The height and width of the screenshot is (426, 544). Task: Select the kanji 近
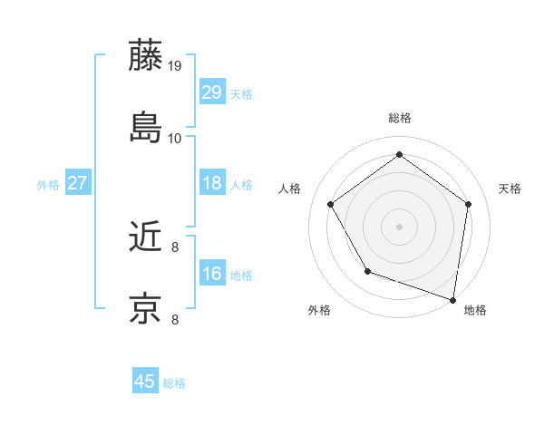pyautogui.click(x=146, y=237)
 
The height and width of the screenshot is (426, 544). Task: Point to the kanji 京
pyautogui.click(x=146, y=308)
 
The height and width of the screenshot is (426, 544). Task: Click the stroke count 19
pyautogui.click(x=175, y=66)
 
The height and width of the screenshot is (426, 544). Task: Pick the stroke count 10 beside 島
pyautogui.click(x=175, y=139)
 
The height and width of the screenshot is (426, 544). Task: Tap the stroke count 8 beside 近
pyautogui.click(x=175, y=247)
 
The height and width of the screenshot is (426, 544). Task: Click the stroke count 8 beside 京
pyautogui.click(x=175, y=319)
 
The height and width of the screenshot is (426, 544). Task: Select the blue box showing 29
pyautogui.click(x=212, y=92)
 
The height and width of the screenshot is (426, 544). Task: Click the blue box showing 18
pyautogui.click(x=212, y=184)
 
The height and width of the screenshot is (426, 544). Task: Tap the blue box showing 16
pyautogui.click(x=212, y=274)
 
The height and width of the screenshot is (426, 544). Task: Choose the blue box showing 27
pyautogui.click(x=78, y=184)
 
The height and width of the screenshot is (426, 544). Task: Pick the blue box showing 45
pyautogui.click(x=145, y=382)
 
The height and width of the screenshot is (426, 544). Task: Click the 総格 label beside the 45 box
pyautogui.click(x=174, y=383)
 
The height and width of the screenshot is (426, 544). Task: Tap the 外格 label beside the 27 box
pyautogui.click(x=48, y=185)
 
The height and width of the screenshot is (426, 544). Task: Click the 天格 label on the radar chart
pyautogui.click(x=510, y=189)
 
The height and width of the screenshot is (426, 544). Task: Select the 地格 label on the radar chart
pyautogui.click(x=475, y=310)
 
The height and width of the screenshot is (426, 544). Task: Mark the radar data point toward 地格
pyautogui.click(x=453, y=299)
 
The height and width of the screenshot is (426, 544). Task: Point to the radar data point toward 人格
pyautogui.click(x=331, y=204)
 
